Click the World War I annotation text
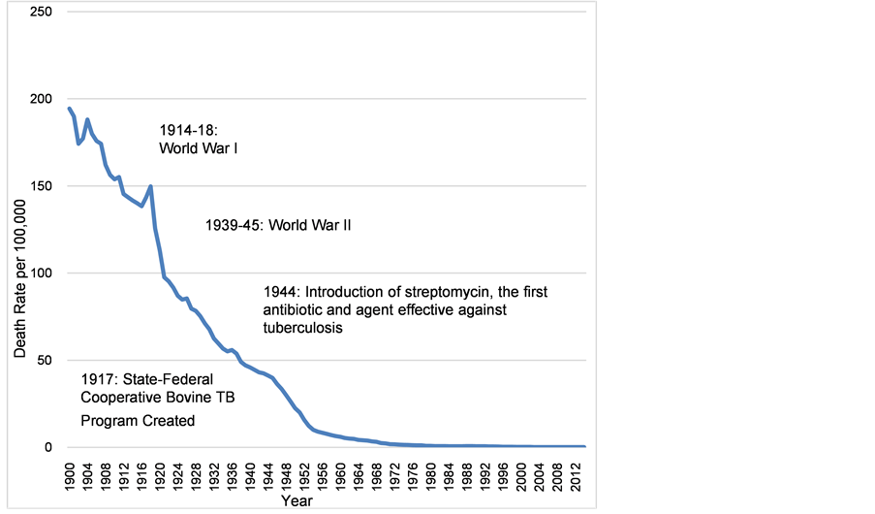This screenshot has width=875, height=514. pos(199,149)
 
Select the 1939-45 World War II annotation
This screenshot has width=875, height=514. pos(278,225)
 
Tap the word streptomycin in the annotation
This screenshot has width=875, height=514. pos(453,291)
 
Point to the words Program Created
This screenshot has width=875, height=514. pos(138,421)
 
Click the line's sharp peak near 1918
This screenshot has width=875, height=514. pos(151,186)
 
